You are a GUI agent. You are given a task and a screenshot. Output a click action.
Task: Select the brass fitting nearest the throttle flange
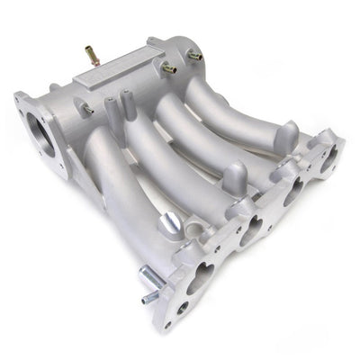pyautogui.click(x=87, y=109)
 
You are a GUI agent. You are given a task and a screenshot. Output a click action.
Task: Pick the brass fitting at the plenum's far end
pyautogui.click(x=194, y=56)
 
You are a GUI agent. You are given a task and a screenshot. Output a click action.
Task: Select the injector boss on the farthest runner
pyautogui.click(x=287, y=135)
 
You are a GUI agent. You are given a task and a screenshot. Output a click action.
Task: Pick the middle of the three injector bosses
pyautogui.click(x=231, y=176)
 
